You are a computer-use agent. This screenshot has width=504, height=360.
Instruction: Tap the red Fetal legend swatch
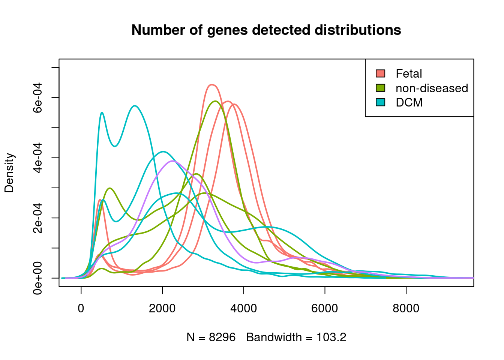380,73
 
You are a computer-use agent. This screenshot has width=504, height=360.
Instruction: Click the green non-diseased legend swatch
380,88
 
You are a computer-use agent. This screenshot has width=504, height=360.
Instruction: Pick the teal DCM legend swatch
380,102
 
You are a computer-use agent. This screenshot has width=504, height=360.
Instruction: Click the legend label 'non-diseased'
432,88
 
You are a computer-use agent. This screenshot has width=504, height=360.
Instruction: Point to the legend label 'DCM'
409,102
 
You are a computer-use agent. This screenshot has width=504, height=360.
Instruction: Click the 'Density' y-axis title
9,172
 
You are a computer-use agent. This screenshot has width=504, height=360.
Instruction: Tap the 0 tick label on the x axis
81,308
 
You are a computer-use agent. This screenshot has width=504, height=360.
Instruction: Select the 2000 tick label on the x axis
162,308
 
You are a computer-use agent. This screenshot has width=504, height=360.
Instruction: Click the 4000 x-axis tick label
243,308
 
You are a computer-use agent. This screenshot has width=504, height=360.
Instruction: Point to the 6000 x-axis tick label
325,308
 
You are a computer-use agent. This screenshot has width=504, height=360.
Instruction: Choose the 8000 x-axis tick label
406,308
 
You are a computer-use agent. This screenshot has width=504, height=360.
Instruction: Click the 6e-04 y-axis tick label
37,97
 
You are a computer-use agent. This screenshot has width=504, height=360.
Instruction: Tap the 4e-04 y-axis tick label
37,158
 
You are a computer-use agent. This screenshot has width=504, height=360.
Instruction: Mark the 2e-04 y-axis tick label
37,218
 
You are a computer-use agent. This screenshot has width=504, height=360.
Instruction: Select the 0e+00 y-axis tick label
37,278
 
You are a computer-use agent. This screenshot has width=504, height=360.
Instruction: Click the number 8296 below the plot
222,337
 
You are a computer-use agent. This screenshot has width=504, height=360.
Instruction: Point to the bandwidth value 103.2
331,337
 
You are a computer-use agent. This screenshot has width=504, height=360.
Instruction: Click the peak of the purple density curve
172,161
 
